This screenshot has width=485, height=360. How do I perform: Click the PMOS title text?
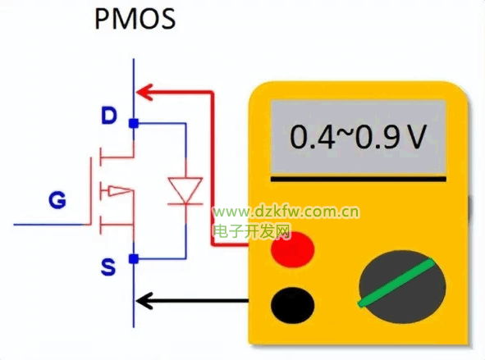click(135, 19)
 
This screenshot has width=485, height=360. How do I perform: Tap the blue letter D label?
click(109, 116)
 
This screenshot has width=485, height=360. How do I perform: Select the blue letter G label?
click(57, 200)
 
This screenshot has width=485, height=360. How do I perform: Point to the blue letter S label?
click(108, 267)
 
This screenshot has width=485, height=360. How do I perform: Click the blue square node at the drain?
click(134, 123)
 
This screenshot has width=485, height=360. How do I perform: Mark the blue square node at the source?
click(134, 258)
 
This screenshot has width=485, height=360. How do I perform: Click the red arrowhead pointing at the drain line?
click(144, 92)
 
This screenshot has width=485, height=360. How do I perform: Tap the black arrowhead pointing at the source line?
click(144, 301)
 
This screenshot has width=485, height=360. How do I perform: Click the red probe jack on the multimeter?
click(293, 249)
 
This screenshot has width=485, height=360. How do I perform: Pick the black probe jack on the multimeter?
click(292, 305)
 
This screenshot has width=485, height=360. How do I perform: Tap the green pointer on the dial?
click(396, 282)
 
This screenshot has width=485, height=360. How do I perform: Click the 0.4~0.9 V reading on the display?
click(358, 137)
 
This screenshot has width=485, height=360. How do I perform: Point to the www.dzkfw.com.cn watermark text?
click(286, 212)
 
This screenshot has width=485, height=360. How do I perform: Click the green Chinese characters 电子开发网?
click(253, 231)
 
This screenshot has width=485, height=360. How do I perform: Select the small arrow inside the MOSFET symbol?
click(119, 191)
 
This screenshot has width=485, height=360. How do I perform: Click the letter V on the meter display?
click(416, 137)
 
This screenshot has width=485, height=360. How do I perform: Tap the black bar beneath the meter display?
click(359, 179)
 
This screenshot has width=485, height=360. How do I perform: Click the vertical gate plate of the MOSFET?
click(91, 191)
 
